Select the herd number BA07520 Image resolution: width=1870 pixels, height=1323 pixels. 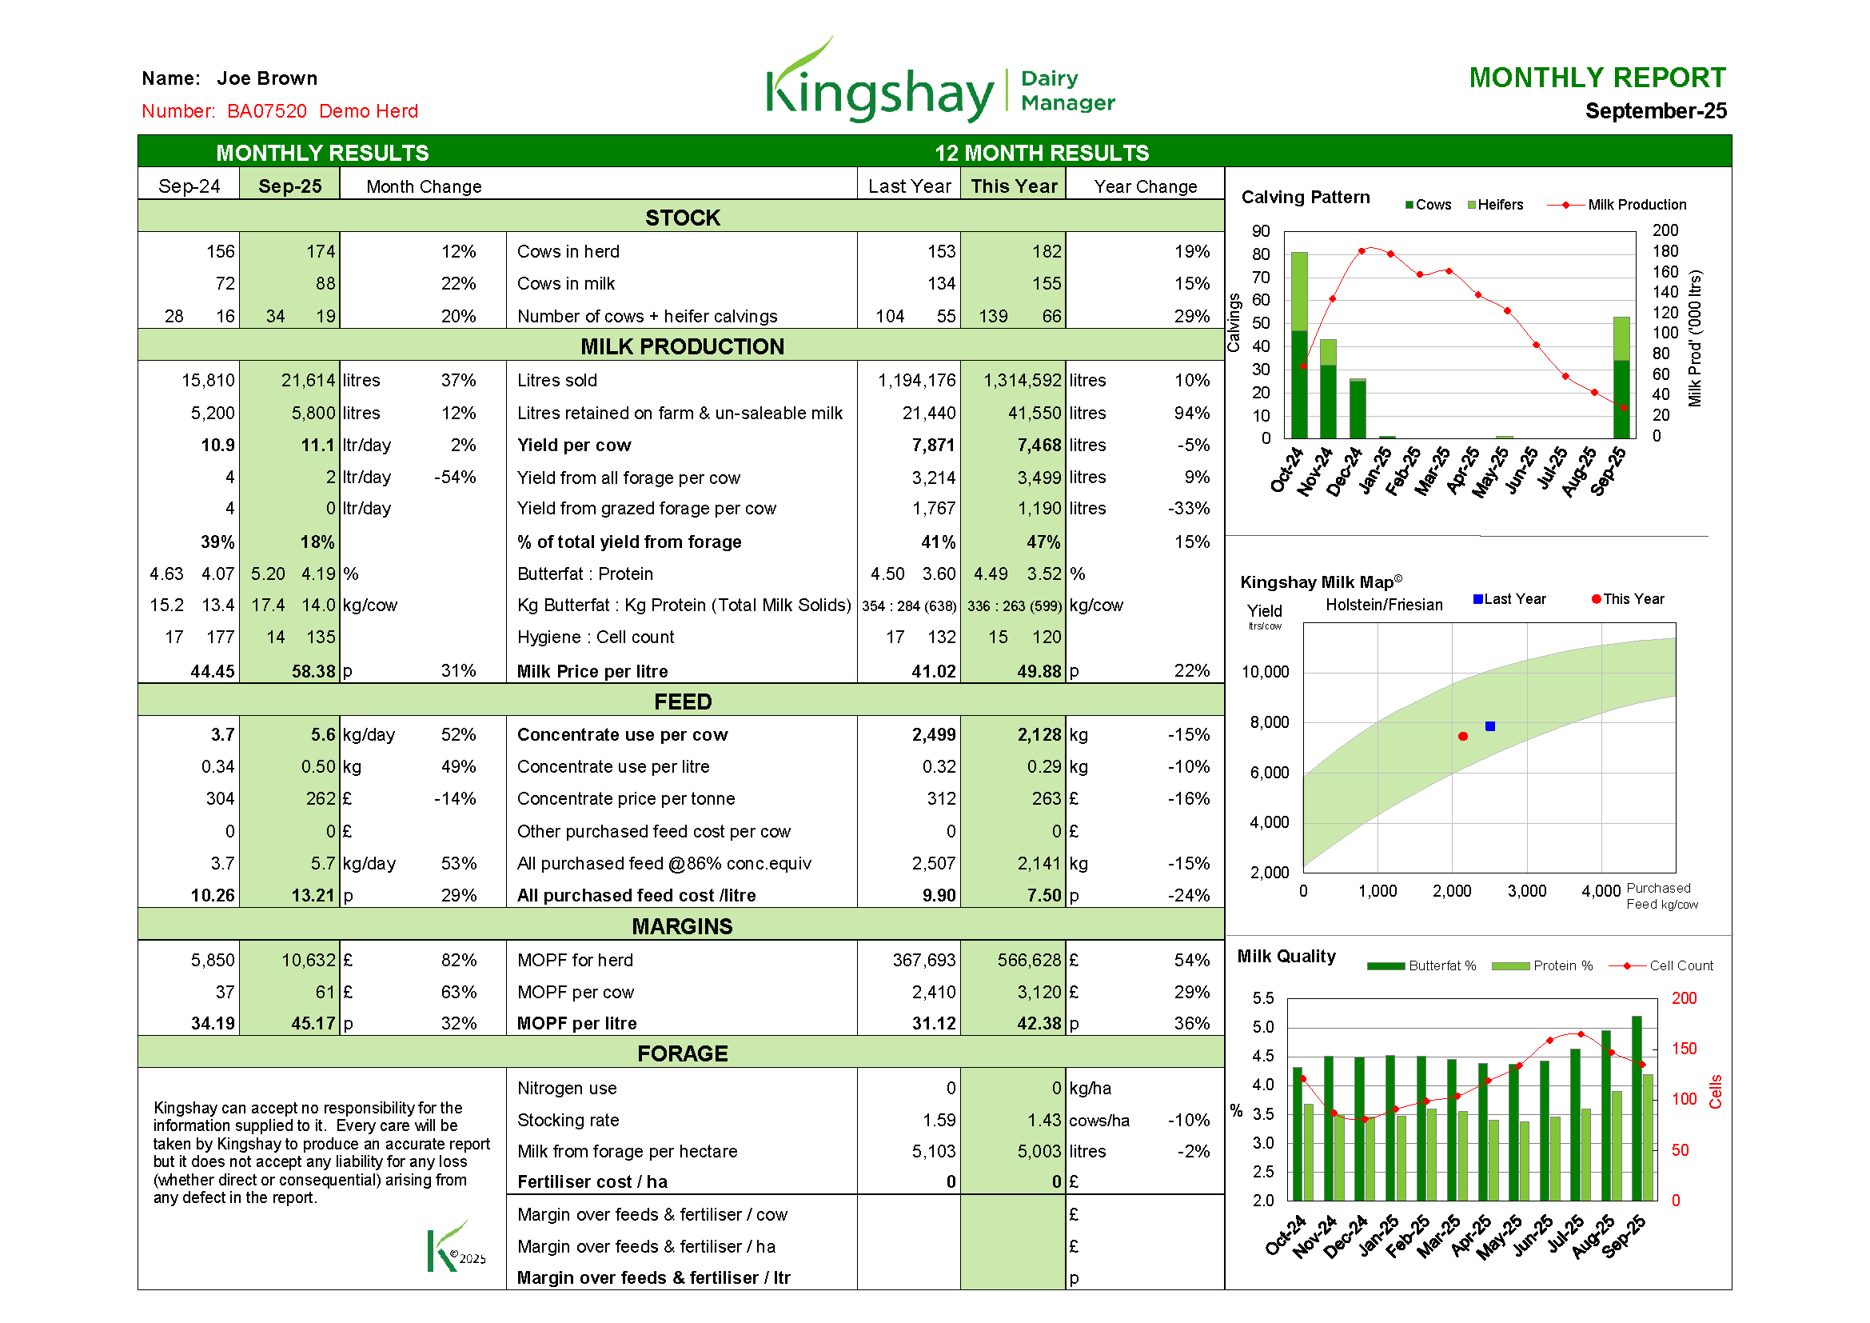[267, 111]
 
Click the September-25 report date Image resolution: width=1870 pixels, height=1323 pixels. [1656, 111]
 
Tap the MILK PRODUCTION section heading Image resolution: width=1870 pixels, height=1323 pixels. [683, 346]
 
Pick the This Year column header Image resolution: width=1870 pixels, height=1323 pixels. [1014, 186]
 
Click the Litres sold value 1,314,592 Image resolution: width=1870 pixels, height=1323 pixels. [1023, 381]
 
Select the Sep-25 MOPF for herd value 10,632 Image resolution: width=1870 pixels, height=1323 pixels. [309, 961]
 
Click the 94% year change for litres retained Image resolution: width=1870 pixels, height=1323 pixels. [1191, 413]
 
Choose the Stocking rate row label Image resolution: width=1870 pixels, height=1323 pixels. [568, 1120]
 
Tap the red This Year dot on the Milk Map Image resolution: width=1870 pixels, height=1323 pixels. [1463, 737]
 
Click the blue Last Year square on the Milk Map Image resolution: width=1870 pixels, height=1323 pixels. [1489, 725]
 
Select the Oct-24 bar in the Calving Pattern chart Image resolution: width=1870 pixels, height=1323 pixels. [1299, 346]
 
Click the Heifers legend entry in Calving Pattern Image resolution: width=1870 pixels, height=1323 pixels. [1495, 205]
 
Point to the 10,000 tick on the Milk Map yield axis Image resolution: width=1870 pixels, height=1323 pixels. [1265, 672]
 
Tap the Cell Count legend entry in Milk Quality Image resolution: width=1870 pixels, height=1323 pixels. [1661, 965]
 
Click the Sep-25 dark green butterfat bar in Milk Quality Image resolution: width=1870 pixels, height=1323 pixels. [1637, 1108]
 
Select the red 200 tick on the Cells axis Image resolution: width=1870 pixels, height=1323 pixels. [1684, 998]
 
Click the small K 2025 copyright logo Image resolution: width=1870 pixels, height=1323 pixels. [456, 1245]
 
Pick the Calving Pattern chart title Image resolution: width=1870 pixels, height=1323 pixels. [1306, 197]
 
